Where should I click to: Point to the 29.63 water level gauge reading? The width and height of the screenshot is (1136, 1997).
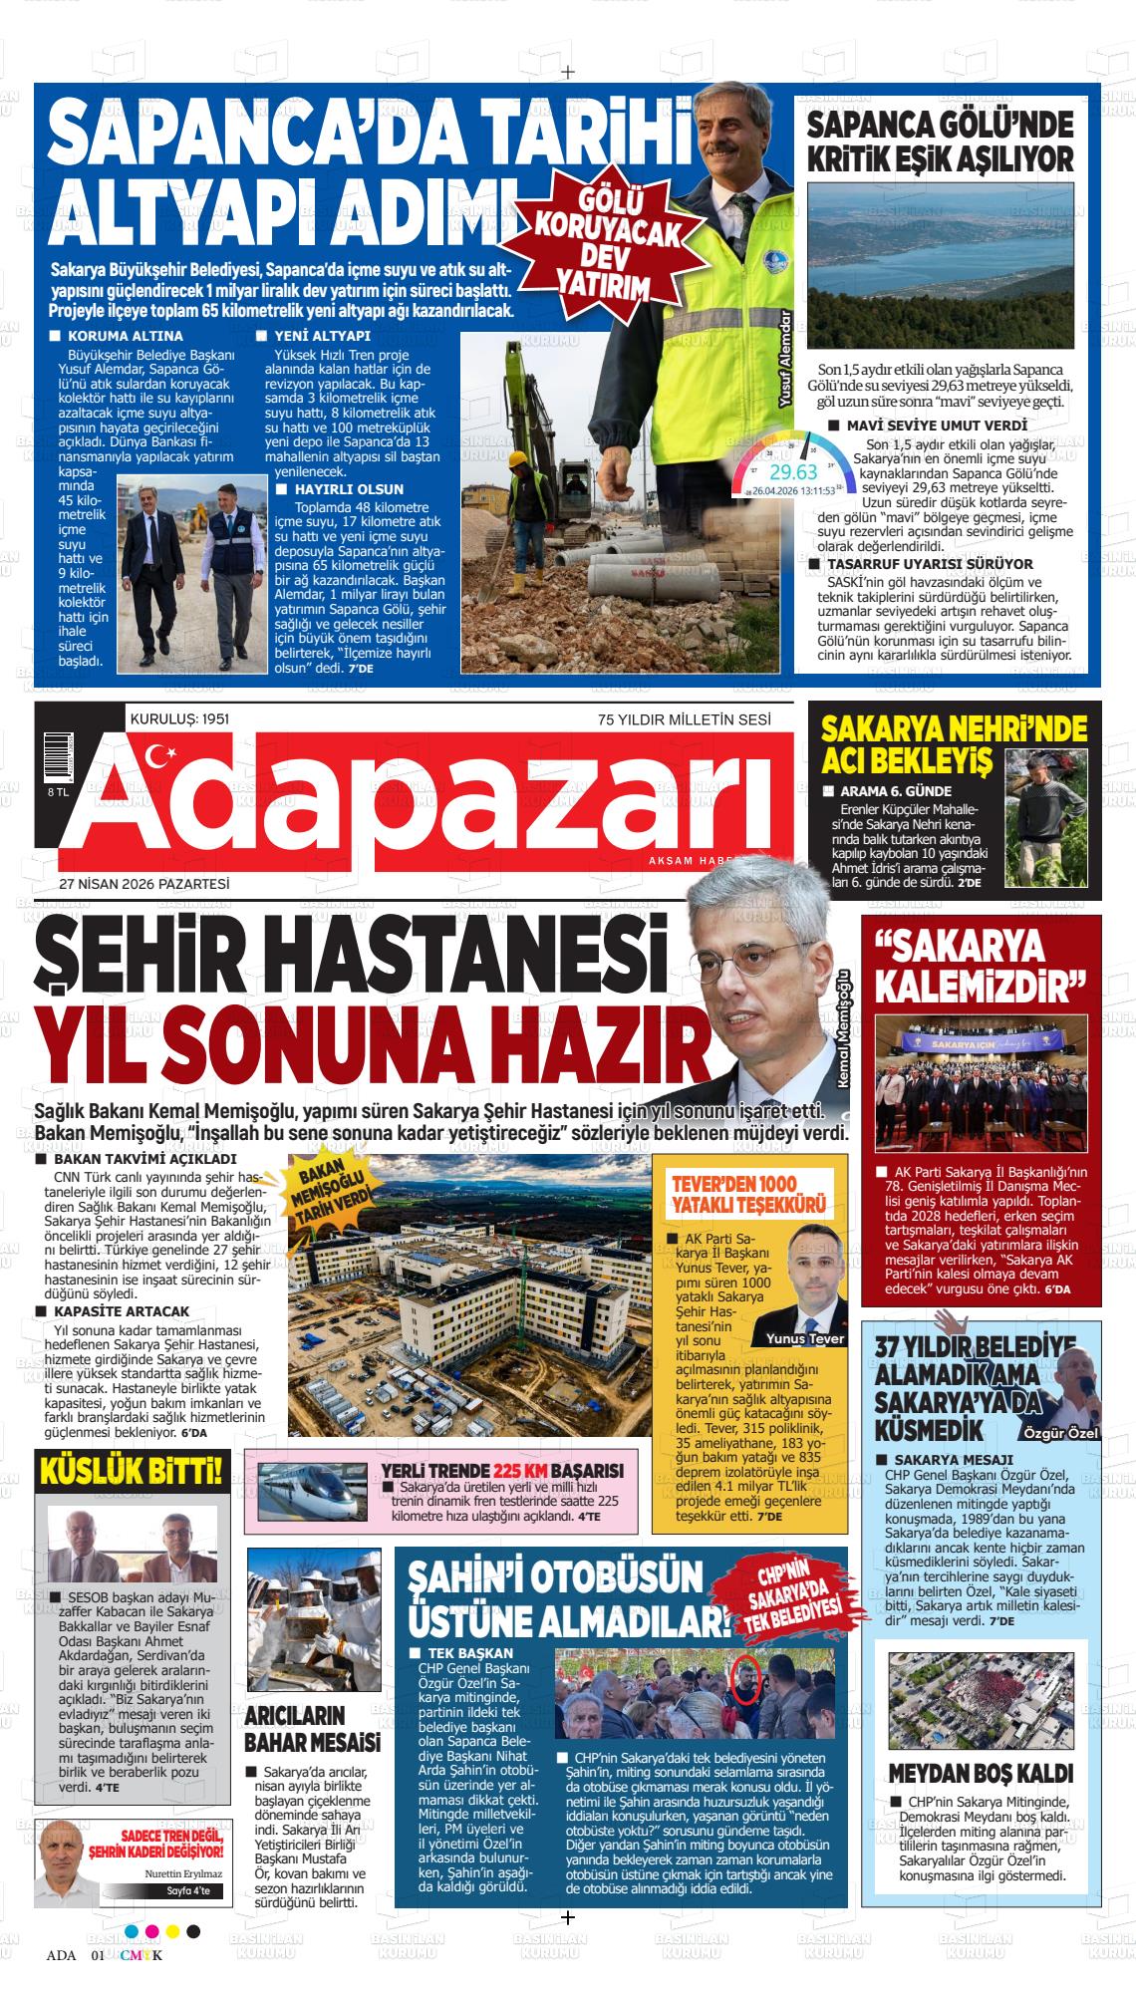coord(793,471)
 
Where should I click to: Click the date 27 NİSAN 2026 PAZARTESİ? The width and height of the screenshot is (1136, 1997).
coord(144,884)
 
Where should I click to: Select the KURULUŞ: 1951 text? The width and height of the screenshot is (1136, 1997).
coord(180,718)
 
